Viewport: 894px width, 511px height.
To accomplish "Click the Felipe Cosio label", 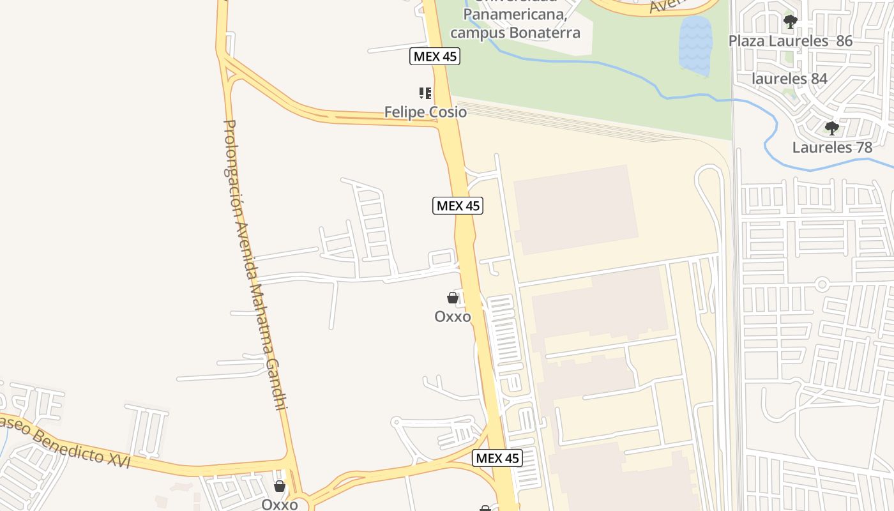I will coord(425,112).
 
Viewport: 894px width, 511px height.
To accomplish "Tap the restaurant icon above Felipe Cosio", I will coord(425,93).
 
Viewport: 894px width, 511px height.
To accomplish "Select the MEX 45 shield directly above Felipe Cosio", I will coord(434,56).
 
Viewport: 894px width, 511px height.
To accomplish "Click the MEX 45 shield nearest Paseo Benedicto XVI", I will coord(497,458).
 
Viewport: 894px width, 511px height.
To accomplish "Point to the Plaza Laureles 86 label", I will coord(791,41).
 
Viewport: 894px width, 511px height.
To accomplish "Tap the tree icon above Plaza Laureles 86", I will coord(791,22).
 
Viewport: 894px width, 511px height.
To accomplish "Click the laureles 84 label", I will coord(790,79).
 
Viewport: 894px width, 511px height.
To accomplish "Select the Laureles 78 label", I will coord(832,148).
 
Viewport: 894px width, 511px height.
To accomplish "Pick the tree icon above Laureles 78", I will coord(831,128).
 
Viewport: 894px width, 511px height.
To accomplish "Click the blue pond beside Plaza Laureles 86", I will coord(695,45).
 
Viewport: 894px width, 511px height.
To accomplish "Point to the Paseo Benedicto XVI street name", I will coord(64,441).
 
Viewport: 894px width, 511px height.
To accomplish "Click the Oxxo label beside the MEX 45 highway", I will coord(453,317).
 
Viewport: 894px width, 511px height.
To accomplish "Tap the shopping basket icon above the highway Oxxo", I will coord(453,298).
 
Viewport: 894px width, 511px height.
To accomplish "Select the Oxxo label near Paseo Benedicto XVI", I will coord(280,504).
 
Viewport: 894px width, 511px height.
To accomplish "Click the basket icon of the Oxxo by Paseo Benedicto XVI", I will coord(280,486).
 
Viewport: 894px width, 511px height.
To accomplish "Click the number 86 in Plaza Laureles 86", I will coord(844,41).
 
